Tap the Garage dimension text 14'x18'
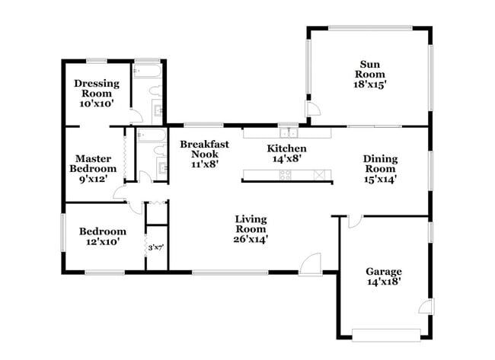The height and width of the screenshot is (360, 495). (x=383, y=282)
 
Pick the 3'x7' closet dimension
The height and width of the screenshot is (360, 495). (x=156, y=247)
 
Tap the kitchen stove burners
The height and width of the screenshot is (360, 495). (x=286, y=174)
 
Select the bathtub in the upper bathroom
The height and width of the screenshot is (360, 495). (x=147, y=72)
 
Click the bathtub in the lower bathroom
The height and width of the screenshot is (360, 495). (x=151, y=136)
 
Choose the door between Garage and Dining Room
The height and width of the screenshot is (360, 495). (x=353, y=221)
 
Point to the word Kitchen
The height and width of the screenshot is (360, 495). (x=286, y=148)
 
